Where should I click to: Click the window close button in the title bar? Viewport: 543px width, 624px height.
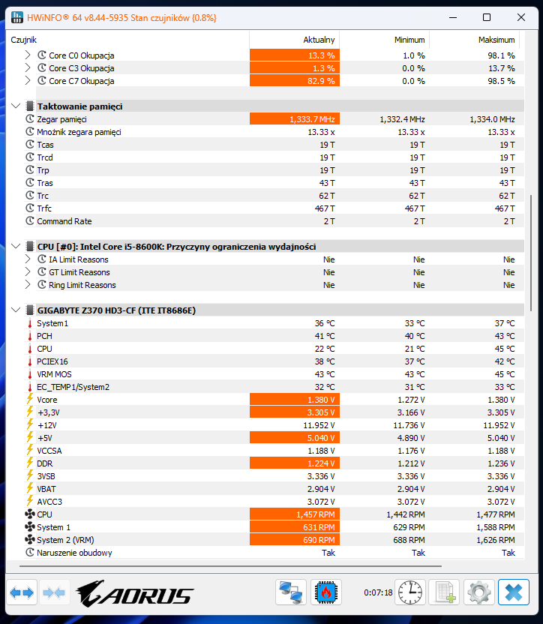pyautogui.click(x=520, y=17)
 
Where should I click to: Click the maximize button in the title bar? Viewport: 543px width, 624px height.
pyautogui.click(x=487, y=17)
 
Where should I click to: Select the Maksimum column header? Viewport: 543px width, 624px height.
pyautogui.click(x=496, y=40)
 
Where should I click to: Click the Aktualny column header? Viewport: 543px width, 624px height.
pyautogui.click(x=319, y=40)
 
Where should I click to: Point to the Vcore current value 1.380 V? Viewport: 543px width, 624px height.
pyautogui.click(x=319, y=400)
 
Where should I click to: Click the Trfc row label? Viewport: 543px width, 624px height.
pyautogui.click(x=44, y=208)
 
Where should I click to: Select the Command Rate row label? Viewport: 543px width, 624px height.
pyautogui.click(x=64, y=221)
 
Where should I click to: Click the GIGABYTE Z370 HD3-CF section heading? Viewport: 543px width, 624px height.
pyautogui.click(x=116, y=310)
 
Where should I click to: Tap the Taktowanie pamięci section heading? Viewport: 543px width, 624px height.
pyautogui.click(x=79, y=106)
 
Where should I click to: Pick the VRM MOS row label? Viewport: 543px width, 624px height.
pyautogui.click(x=54, y=374)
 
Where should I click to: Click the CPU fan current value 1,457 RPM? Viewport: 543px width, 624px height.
pyautogui.click(x=313, y=514)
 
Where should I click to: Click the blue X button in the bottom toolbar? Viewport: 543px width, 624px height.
pyautogui.click(x=514, y=592)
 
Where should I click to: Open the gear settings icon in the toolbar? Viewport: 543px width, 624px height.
pyautogui.click(x=479, y=592)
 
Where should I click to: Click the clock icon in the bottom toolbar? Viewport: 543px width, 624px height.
pyautogui.click(x=410, y=592)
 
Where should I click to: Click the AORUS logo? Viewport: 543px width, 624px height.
pyautogui.click(x=135, y=592)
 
